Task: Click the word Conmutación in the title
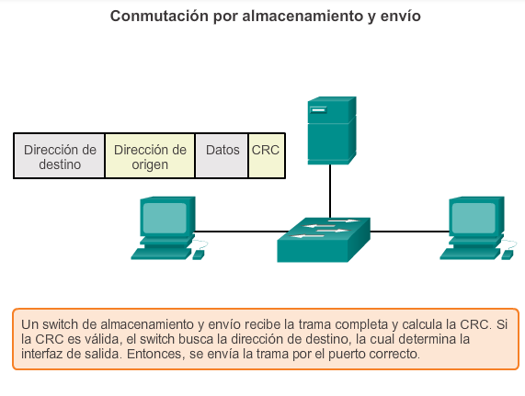pos(159,16)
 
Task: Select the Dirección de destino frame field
pos(59,156)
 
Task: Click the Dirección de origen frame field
pos(150,156)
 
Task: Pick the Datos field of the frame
pos(222,156)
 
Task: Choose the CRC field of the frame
pos(267,156)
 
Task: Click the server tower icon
pos(332,130)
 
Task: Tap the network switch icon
pos(324,240)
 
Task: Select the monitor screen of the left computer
pos(165,219)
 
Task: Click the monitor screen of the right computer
pos(474,219)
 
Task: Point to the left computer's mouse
pos(199,255)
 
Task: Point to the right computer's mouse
pos(508,255)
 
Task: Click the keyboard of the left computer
pos(162,254)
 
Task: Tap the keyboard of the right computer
pos(471,254)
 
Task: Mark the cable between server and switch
pos(330,191)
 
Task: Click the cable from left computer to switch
pos(241,232)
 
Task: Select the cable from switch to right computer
pos(410,232)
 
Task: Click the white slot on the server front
pos(318,109)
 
